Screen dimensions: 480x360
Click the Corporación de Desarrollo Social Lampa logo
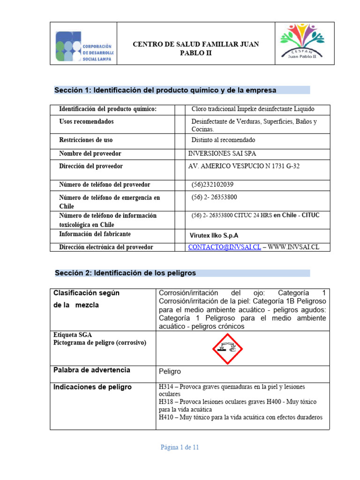(84, 46)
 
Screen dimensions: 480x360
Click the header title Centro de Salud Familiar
(196, 48)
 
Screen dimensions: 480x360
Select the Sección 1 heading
(165, 90)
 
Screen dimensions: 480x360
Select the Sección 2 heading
(126, 273)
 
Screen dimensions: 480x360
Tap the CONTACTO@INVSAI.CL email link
(224, 247)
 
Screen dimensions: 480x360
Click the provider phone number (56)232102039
(212, 185)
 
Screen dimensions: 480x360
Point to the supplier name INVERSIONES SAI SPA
(222, 154)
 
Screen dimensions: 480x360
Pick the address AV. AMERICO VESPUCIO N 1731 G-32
(243, 166)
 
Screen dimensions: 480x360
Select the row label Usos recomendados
(86, 122)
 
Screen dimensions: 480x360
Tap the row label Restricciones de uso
(86, 140)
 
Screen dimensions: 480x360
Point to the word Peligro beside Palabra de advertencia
(170, 371)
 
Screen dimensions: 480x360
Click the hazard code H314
(167, 387)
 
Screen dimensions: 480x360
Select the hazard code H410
(167, 417)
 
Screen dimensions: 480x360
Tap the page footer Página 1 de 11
(180, 447)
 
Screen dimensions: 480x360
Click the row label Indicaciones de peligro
(92, 387)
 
